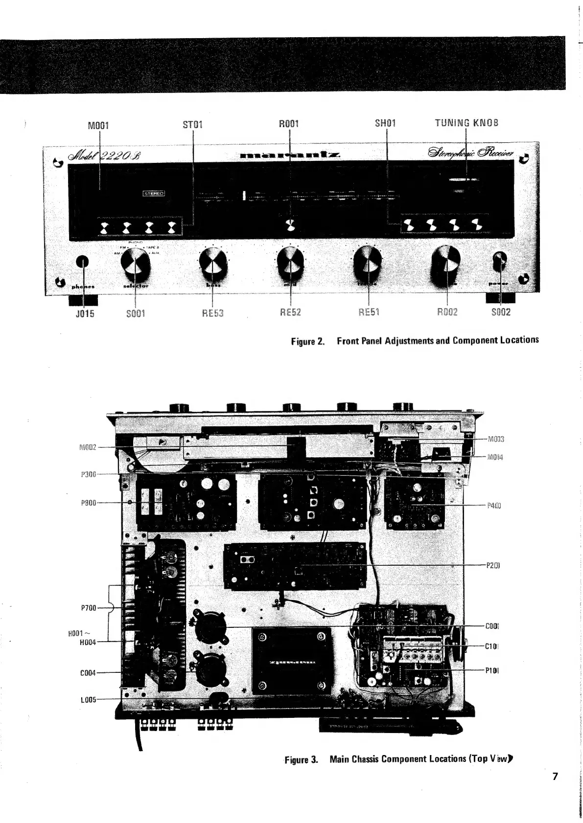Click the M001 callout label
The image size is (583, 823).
click(98, 125)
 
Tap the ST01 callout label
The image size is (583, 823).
click(192, 124)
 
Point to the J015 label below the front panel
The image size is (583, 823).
click(85, 313)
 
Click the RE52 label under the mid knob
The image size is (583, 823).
click(290, 312)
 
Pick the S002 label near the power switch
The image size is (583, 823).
click(501, 312)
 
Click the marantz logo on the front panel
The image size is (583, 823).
click(291, 155)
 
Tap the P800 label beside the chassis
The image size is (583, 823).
click(89, 503)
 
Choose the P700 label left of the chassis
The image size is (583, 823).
click(89, 608)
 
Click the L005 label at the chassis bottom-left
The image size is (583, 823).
click(89, 699)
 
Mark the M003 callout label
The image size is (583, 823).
click(496, 439)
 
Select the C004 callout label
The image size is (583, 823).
click(88, 673)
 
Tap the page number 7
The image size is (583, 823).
click(555, 776)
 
